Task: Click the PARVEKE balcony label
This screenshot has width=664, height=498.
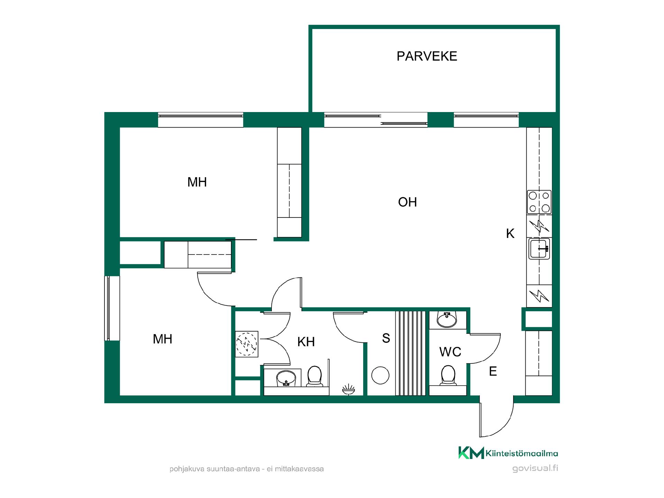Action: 427,56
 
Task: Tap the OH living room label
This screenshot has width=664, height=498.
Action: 407,202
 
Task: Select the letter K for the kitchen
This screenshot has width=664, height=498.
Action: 510,233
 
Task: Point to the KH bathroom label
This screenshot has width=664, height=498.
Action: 306,342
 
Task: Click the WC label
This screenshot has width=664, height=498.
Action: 450,352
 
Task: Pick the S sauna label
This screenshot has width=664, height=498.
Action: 386,338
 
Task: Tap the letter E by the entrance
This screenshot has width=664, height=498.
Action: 493,371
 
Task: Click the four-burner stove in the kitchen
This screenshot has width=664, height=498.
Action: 539,202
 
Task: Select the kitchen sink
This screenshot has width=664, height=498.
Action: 539,248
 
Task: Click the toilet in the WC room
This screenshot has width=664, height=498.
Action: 448,375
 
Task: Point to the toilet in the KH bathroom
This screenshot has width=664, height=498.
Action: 314,376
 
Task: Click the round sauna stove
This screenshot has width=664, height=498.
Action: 380,375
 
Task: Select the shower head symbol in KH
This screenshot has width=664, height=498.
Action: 349,389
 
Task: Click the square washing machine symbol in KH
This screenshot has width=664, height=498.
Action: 247,344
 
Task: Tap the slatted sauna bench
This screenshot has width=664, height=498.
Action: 411,353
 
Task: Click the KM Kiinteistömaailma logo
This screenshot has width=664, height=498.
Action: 508,453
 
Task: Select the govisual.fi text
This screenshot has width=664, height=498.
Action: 535,469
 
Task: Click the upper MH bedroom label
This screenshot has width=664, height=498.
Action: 197,182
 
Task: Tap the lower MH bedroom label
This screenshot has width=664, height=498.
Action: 163,339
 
